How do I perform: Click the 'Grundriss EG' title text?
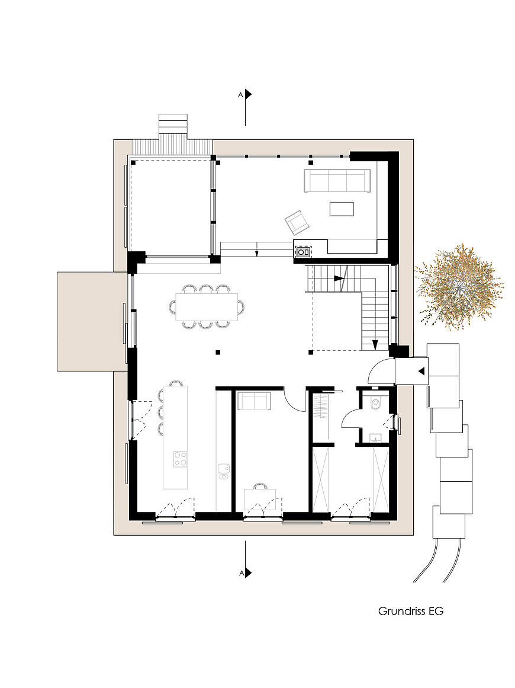(411, 611)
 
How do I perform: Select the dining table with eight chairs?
(207, 307)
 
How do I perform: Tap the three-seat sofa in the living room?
(337, 181)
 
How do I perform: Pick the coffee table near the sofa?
(342, 209)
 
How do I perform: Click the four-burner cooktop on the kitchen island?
(180, 459)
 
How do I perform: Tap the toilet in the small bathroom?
(376, 403)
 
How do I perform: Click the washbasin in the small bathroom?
(376, 437)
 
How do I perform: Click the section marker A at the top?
(245, 94)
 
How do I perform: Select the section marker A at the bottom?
(245, 572)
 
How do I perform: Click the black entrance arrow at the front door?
(421, 372)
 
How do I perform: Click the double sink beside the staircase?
(304, 252)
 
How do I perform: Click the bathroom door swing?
(350, 418)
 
